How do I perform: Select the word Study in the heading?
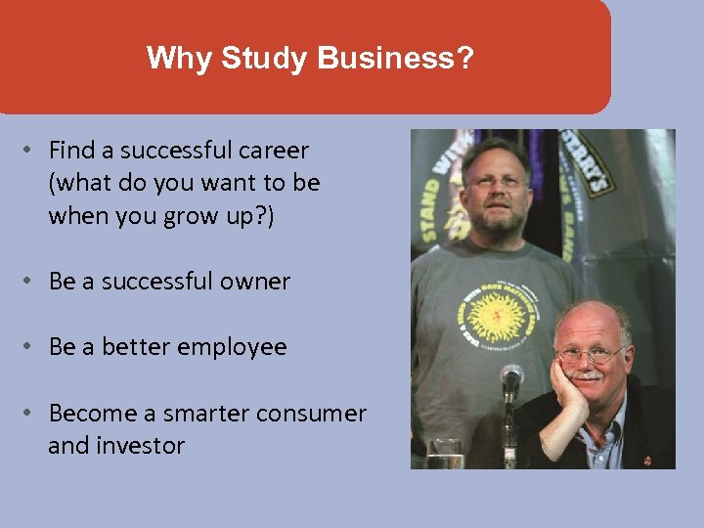coord(256,59)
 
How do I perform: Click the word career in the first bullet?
coord(273,151)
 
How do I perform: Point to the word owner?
coord(255,282)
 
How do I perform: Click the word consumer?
coord(312,414)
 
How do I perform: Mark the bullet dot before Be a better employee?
coord(30,347)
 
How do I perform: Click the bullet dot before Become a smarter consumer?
coord(30,414)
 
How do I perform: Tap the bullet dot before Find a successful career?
coord(30,151)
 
